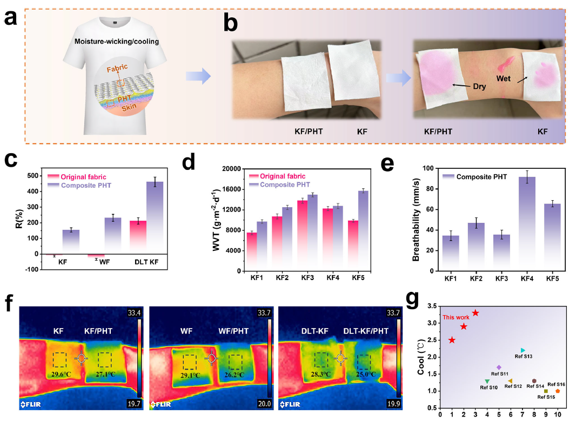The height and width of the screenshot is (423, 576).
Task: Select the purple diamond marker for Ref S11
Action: click(499, 367)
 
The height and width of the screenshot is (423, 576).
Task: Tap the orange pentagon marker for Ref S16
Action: click(558, 391)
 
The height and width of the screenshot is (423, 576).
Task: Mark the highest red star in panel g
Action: click(475, 313)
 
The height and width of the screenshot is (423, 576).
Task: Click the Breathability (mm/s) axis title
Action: click(416, 221)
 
